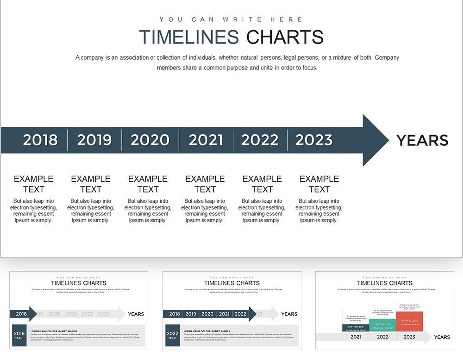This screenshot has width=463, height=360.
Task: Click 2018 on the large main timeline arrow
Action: tap(40, 140)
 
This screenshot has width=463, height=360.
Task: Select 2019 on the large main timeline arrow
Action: tap(94, 140)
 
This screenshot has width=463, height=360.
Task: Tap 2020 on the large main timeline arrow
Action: tap(150, 140)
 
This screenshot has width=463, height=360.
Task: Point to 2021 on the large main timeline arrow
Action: tap(206, 140)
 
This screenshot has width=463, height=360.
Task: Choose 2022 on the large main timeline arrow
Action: tap(260, 140)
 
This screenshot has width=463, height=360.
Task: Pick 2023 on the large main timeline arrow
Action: tap(314, 140)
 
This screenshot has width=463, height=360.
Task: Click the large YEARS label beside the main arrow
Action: tap(422, 140)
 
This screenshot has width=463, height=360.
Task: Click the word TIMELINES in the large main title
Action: tap(189, 37)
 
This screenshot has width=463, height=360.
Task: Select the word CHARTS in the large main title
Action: tap(284, 37)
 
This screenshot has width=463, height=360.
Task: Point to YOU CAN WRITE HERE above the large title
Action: tap(231, 19)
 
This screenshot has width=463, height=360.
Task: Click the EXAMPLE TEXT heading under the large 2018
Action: tap(34, 184)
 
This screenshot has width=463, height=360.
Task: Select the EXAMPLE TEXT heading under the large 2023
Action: tap(319, 184)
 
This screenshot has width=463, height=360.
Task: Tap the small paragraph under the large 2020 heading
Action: tap(148, 211)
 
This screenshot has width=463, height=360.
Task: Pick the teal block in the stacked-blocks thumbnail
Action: tap(382, 325)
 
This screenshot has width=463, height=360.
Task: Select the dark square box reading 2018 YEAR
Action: tap(19, 335)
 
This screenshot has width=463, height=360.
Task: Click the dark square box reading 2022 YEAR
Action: tap(172, 335)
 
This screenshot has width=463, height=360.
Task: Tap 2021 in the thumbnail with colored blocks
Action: tap(356, 337)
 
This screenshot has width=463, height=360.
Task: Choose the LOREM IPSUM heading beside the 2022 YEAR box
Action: tap(206, 331)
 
